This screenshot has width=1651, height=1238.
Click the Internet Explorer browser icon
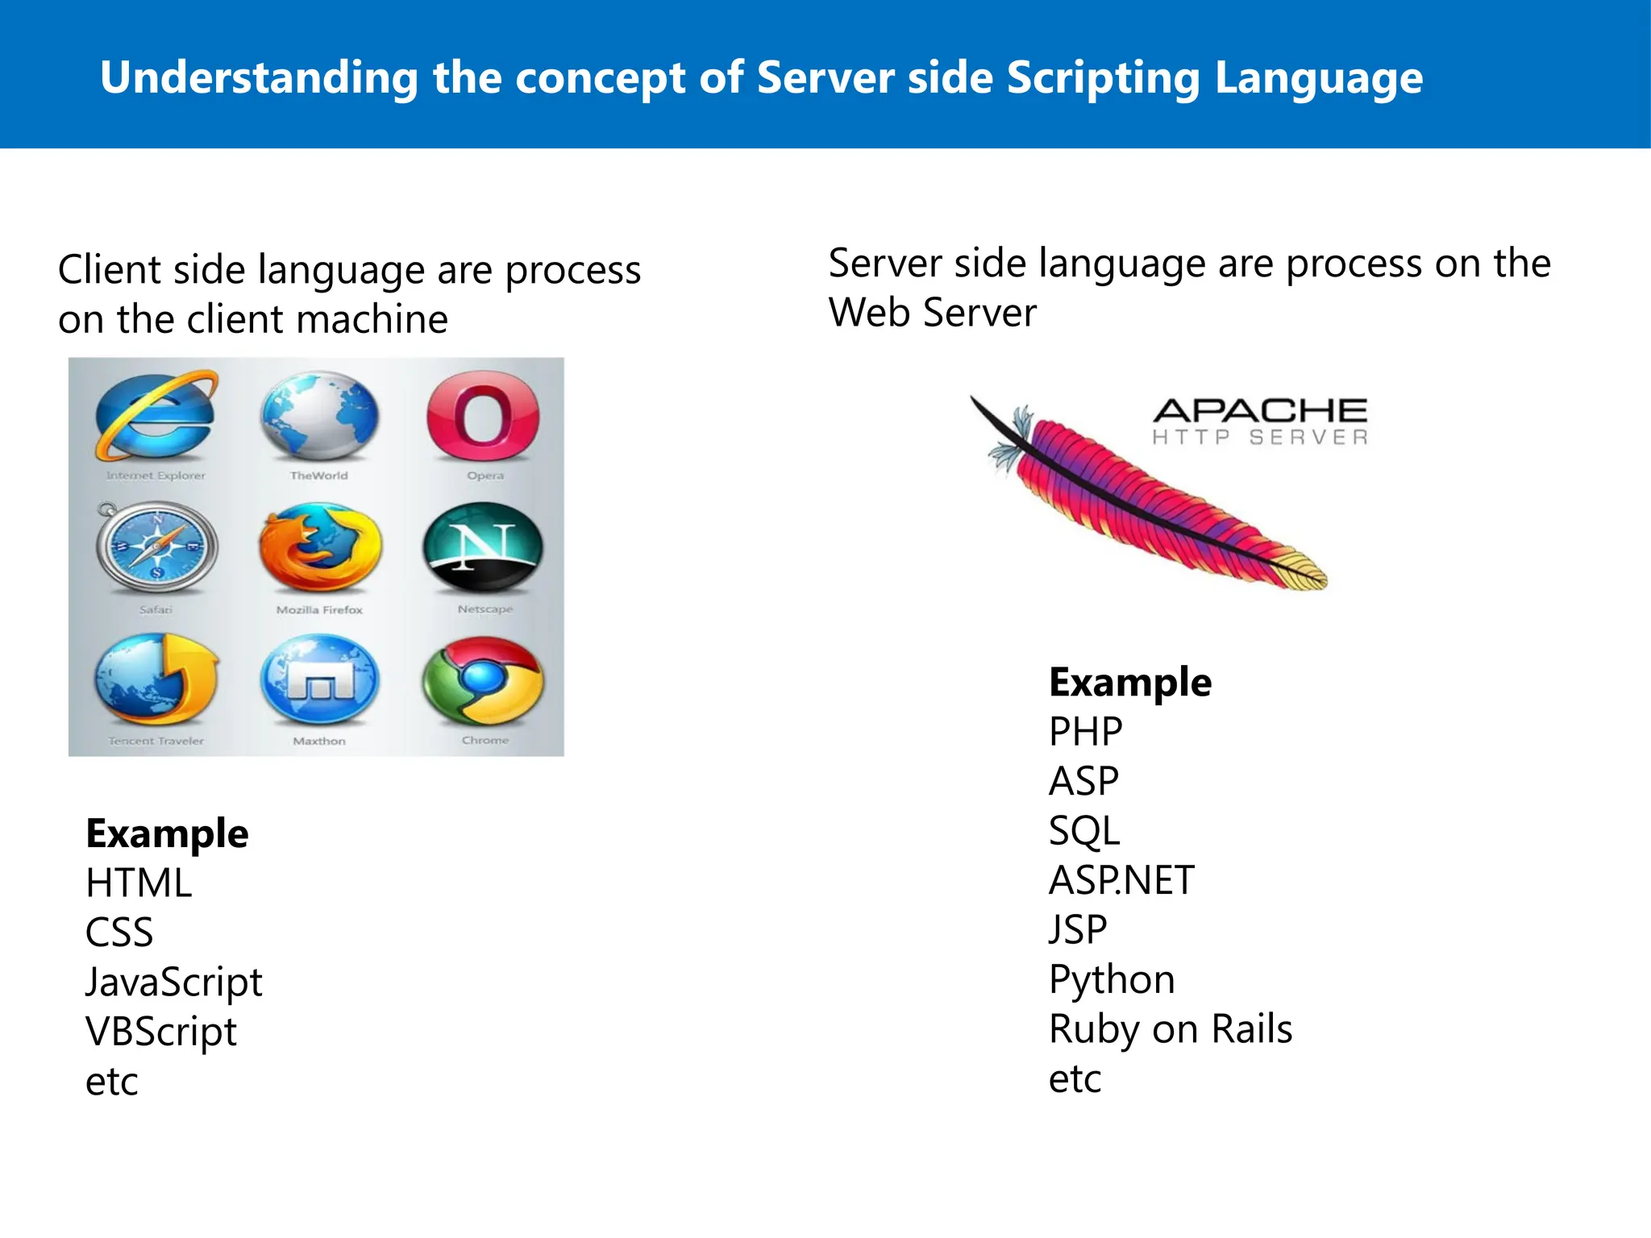156,415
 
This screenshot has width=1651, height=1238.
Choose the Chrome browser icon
484,682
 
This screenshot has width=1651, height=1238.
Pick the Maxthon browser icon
320,682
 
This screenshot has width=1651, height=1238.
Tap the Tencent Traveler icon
156,682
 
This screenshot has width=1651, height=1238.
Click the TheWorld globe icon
320,415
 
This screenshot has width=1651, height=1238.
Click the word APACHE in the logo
1260,410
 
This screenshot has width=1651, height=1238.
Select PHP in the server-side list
1085,732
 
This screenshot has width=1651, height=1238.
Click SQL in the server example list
1084,831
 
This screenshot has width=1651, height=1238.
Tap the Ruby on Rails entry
1171,1029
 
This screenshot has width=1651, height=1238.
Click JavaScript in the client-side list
174,983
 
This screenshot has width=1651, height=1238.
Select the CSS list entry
119,933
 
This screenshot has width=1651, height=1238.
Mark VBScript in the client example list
161,1032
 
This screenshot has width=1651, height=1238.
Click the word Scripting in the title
1103,78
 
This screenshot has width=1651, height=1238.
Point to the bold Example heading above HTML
167,833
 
